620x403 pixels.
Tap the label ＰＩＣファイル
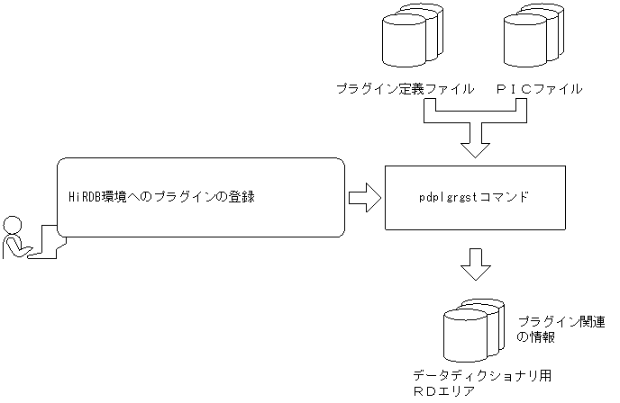click(x=539, y=89)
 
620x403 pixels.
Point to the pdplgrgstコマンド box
click(x=474, y=198)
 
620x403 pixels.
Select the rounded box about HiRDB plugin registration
click(x=201, y=197)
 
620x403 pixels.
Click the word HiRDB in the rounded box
click(x=86, y=197)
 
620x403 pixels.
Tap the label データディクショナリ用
click(x=469, y=375)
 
